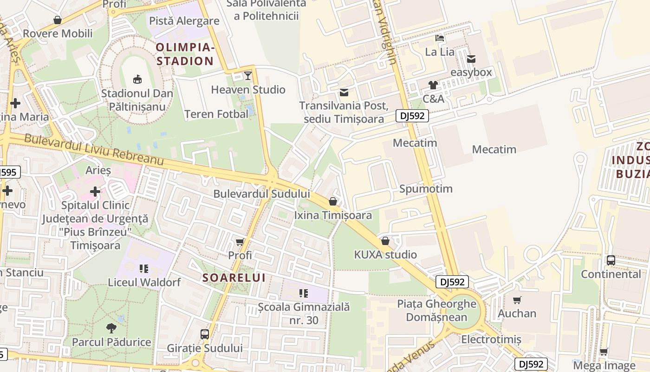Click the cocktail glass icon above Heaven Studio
[x=248, y=75]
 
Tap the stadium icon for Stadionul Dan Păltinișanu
[x=137, y=79]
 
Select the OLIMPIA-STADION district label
[x=185, y=54]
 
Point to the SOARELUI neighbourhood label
[x=234, y=278]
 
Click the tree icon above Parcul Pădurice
[x=111, y=328]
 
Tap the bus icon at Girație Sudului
[x=205, y=334]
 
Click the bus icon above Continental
[x=611, y=260]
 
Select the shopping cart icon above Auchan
[x=517, y=300]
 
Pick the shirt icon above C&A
[x=433, y=85]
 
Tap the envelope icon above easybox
[x=471, y=59]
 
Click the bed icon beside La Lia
[x=440, y=38]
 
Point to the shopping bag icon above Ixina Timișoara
[x=333, y=201]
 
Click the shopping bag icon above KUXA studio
[x=385, y=241]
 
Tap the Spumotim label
[x=426, y=189]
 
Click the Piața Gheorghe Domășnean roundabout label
[x=437, y=310]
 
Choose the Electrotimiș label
[x=491, y=339]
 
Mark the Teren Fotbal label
[x=216, y=114]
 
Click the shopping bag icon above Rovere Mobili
[x=58, y=20]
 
